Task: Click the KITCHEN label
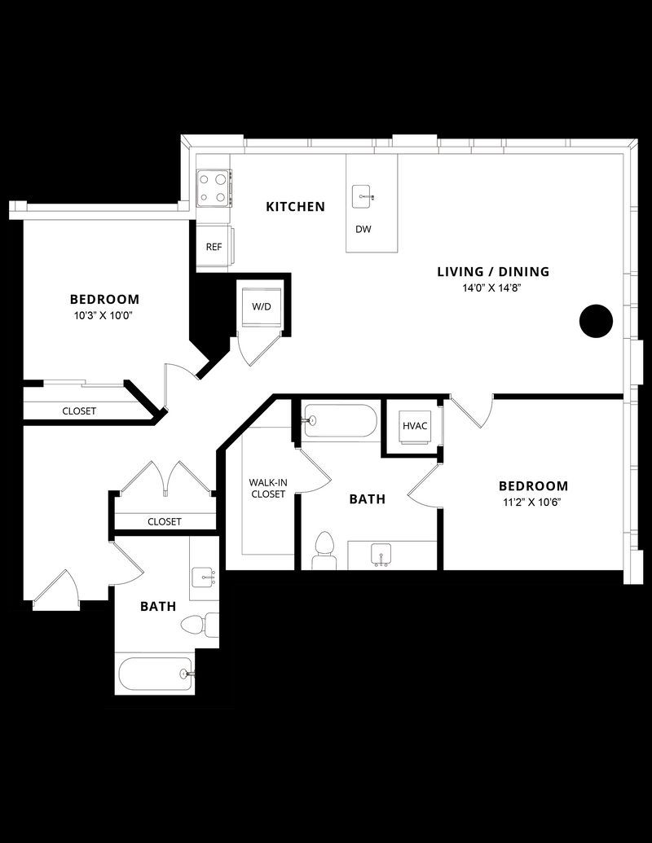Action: (x=295, y=207)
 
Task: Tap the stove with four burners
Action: (x=213, y=187)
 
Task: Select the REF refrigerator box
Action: (x=214, y=247)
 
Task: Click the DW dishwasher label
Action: (x=363, y=229)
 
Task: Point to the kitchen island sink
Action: (x=363, y=195)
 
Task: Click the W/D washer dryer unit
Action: (x=261, y=307)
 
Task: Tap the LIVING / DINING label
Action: (x=493, y=272)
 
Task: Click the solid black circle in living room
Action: (x=596, y=321)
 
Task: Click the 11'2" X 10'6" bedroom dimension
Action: (x=533, y=502)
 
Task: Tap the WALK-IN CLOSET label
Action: (x=268, y=488)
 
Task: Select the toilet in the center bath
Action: (x=324, y=547)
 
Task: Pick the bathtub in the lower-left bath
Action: (x=155, y=674)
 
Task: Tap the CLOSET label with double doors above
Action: (x=165, y=521)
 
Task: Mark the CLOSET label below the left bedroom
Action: (x=79, y=411)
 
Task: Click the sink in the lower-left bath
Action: (x=203, y=577)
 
